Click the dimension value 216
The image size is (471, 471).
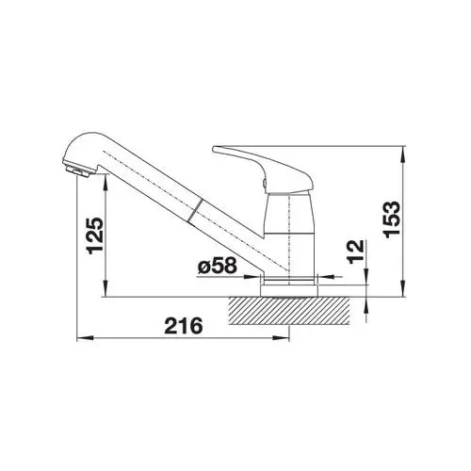tap(184, 326)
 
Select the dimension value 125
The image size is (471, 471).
tap(95, 235)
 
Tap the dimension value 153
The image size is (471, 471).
tap(392, 219)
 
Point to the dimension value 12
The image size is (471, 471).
tap(356, 252)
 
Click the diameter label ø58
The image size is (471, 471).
tap(217, 266)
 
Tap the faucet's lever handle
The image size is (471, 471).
tap(263, 170)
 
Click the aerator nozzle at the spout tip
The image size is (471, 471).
tap(77, 171)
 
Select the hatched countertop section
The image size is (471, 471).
tap(289, 311)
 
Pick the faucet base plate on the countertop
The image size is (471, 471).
tap(289, 290)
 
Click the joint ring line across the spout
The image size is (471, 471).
tap(195, 211)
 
